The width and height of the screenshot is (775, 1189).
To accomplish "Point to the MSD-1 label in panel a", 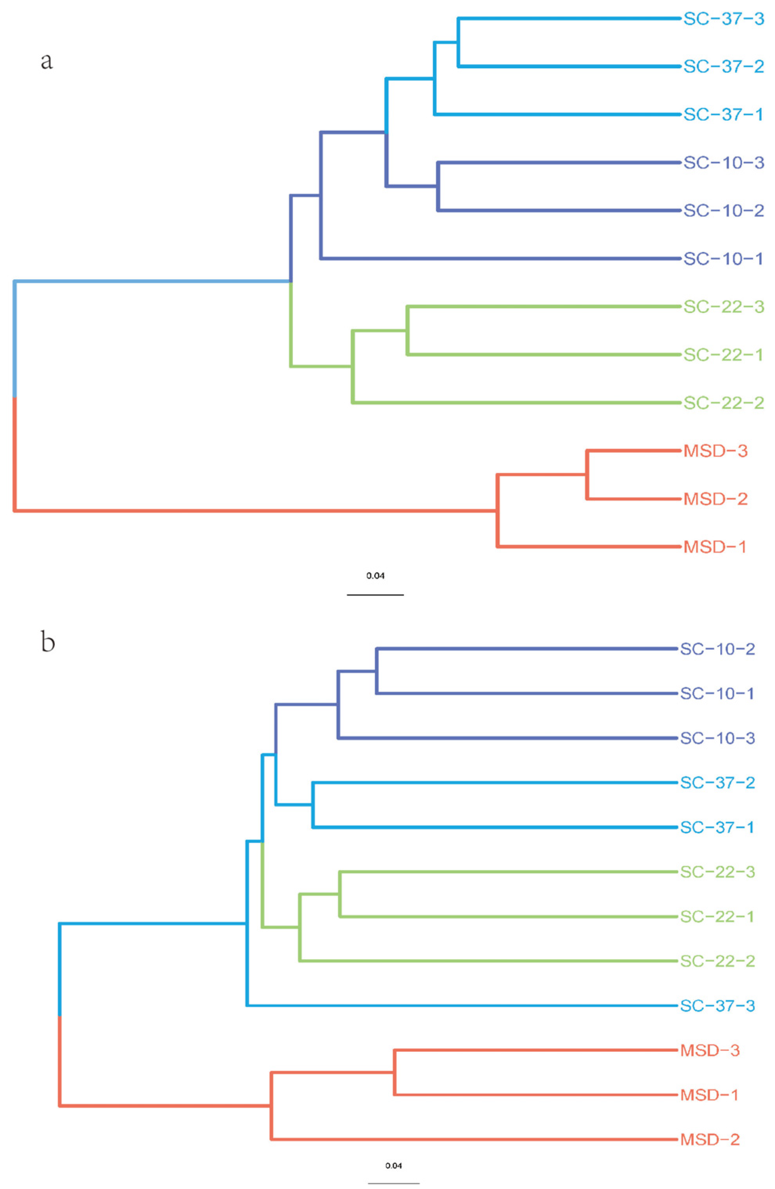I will [x=715, y=547].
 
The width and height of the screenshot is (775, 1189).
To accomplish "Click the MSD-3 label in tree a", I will [x=715, y=451].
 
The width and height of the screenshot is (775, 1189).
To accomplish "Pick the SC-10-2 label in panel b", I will [x=717, y=649].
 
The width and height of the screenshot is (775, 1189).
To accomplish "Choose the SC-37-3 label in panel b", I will [x=717, y=1005].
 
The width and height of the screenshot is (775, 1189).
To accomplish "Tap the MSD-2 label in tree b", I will [x=710, y=1140].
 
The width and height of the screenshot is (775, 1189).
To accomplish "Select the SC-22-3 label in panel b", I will [x=717, y=872].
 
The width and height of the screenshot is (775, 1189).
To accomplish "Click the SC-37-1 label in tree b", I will [x=717, y=827].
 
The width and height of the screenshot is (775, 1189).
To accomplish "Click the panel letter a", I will [x=47, y=61].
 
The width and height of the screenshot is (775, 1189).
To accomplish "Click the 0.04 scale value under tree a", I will [x=375, y=576].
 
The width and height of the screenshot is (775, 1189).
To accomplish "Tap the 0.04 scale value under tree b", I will [x=393, y=1166].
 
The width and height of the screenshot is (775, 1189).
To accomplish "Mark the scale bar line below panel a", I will [x=375, y=595].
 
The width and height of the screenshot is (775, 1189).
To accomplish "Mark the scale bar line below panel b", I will [x=393, y=1183].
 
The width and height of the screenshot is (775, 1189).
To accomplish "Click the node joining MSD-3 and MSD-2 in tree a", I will [x=587, y=475].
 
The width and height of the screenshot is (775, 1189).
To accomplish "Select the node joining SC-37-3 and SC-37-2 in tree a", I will [x=459, y=42].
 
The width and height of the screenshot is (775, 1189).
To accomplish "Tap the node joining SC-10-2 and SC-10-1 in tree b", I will [x=377, y=671].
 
